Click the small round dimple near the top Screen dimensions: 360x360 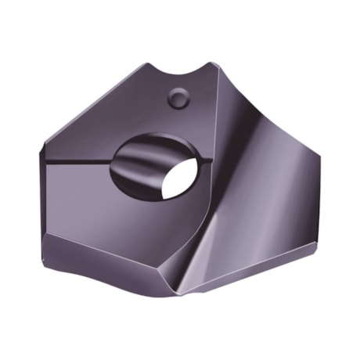[179, 98]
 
